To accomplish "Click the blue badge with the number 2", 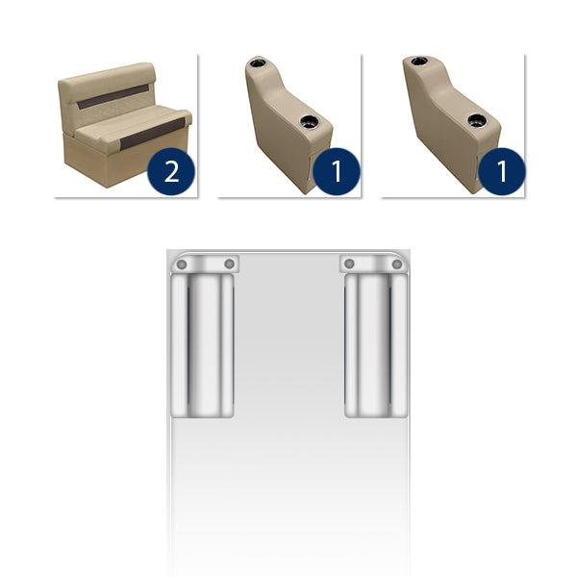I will tap(170, 172).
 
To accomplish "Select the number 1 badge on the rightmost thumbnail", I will tap(501, 172).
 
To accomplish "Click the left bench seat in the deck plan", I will tap(202, 346).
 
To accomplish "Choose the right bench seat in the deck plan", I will tap(376, 346).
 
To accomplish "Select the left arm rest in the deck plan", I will tap(204, 263).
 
